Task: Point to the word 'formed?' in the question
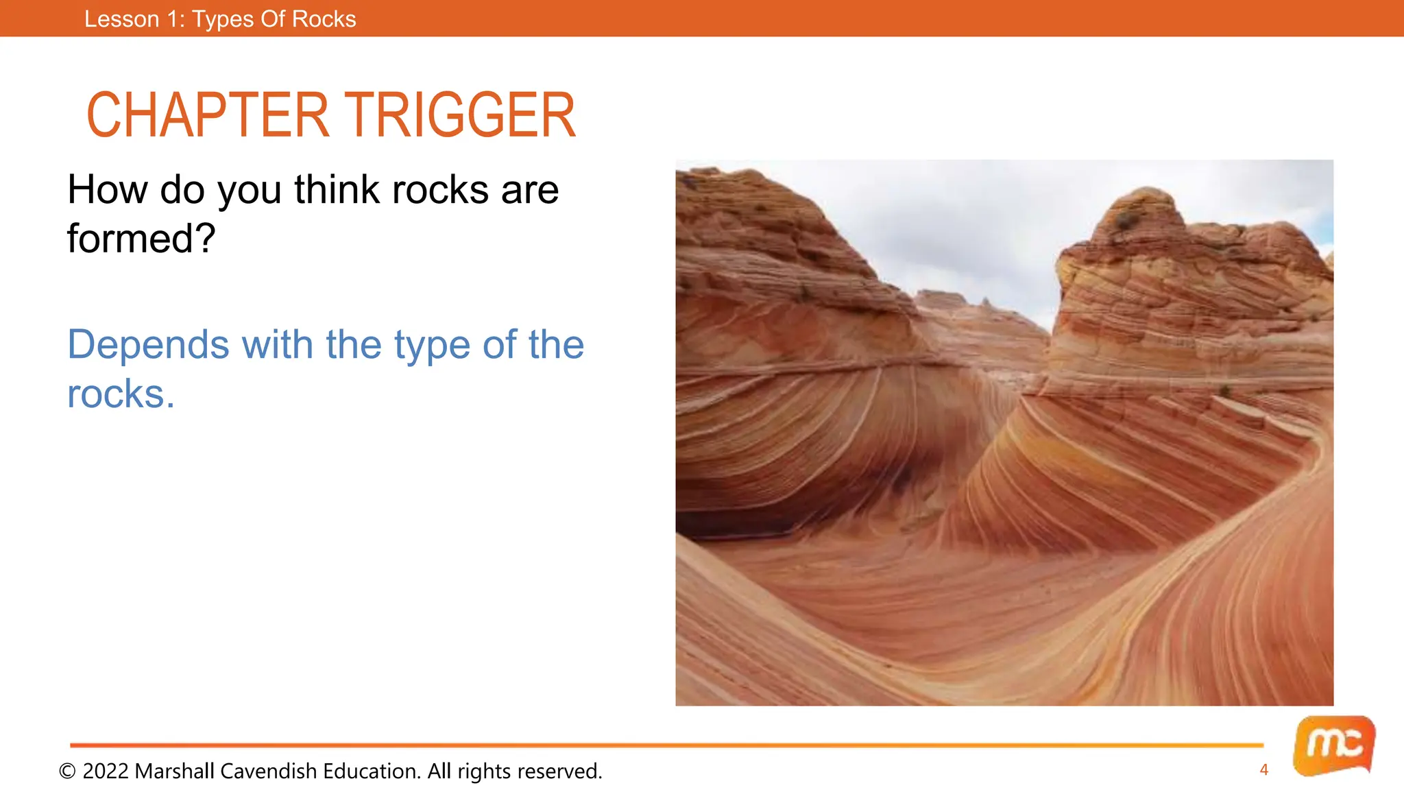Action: (141, 239)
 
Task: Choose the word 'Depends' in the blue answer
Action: (148, 344)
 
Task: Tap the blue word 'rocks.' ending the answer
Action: (121, 394)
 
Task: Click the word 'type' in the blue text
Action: (431, 346)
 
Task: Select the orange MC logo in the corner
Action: (1333, 745)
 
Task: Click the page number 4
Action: (1263, 770)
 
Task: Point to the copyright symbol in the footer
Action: (67, 771)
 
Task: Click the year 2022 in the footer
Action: (106, 771)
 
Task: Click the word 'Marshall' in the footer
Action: (174, 771)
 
